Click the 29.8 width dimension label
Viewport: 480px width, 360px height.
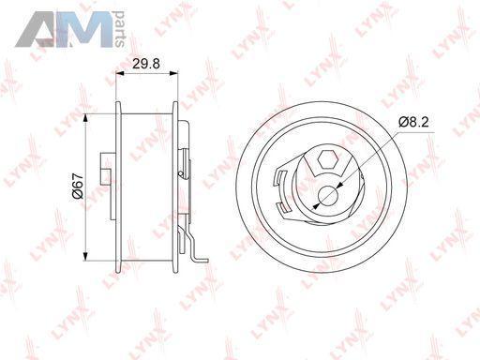146,64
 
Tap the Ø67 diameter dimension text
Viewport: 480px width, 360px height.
77,186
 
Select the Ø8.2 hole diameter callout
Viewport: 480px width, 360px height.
413,122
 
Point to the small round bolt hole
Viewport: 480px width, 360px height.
328,196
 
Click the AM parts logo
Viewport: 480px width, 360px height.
69,29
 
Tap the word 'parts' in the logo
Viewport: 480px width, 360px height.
119,29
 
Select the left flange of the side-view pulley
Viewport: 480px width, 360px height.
118,187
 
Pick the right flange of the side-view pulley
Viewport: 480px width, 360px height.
175,187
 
